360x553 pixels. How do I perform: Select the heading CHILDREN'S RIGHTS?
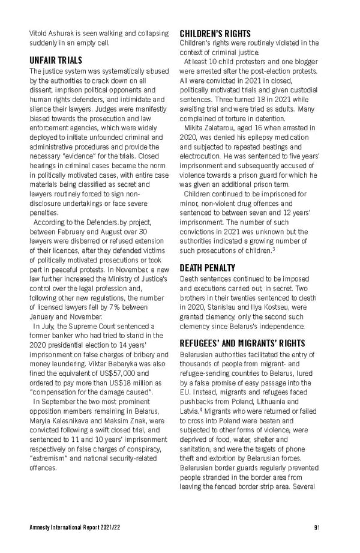215,34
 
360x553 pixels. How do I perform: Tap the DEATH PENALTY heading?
208,268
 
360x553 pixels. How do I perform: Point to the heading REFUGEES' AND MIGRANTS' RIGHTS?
235,343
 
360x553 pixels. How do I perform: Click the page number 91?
316,528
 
